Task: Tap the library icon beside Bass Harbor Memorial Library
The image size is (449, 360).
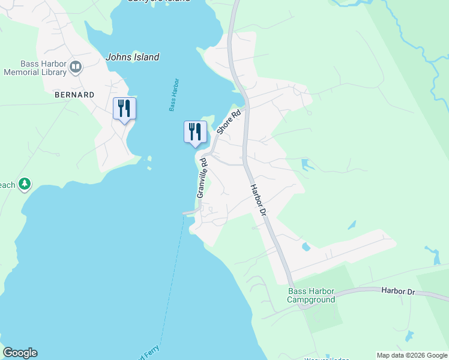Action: coord(76,67)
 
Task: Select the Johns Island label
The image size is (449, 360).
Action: coord(133,58)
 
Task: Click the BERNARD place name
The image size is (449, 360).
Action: coord(74,95)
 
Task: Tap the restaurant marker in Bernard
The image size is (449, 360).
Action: coord(124,109)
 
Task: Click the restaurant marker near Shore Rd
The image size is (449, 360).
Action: coord(195,131)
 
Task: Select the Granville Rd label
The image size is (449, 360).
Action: coord(202,178)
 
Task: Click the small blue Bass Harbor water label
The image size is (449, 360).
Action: coord(174,95)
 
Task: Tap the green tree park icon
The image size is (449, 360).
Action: coord(25,184)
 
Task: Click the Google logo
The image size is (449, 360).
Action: coord(20,353)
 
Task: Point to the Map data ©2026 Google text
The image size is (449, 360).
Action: coord(411,355)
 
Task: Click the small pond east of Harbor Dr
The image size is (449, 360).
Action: coord(306,247)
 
